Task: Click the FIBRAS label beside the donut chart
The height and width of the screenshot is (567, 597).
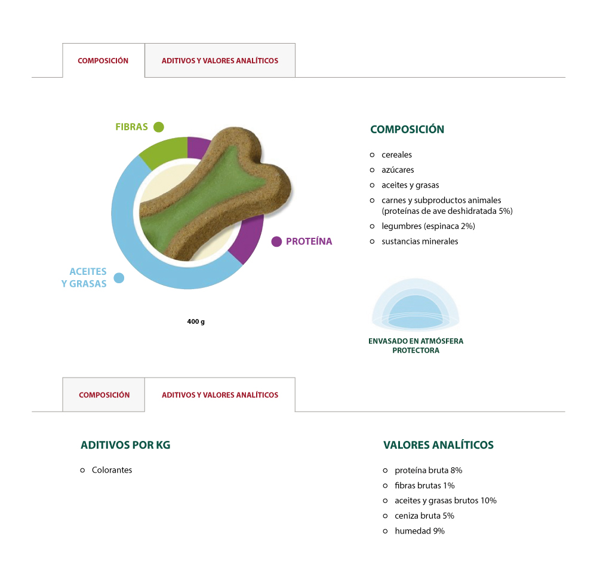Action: [x=131, y=127]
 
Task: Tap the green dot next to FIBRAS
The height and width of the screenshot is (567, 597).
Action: [x=159, y=127]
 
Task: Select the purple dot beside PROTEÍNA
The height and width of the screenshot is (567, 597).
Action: [x=276, y=241]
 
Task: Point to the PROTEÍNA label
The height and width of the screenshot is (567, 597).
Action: [x=309, y=241]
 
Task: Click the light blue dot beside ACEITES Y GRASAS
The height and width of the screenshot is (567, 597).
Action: [x=119, y=278]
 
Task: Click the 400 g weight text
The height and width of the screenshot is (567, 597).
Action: [x=196, y=321]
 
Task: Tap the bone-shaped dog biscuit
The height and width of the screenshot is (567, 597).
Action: [x=213, y=194]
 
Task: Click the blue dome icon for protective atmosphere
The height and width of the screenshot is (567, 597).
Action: [x=416, y=305]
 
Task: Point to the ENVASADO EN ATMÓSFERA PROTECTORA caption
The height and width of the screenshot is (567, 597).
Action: [x=416, y=345]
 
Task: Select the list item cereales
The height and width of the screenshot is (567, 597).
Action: [x=397, y=155]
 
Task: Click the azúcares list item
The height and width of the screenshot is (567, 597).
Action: [x=398, y=170]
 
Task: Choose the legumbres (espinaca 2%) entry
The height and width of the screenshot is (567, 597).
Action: [x=428, y=226]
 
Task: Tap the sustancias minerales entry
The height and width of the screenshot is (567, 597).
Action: [x=420, y=241]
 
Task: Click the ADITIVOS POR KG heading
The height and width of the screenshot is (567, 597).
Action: [x=125, y=445]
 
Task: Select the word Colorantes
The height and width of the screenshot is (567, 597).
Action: [x=112, y=470]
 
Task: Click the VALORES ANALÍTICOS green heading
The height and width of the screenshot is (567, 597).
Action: [x=438, y=445]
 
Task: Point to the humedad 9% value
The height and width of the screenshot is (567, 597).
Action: [x=420, y=531]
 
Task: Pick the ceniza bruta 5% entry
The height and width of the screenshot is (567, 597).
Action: [x=424, y=516]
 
